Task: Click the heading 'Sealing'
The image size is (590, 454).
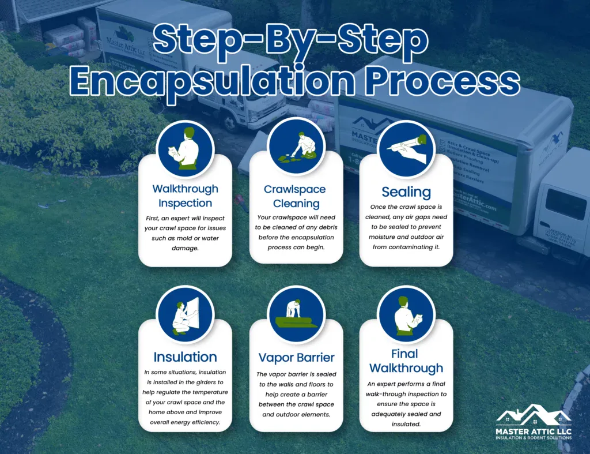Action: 406,192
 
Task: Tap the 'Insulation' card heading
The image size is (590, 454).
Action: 185,357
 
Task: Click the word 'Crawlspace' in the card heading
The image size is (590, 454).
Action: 296,189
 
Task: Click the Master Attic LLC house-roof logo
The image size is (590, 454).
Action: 534,416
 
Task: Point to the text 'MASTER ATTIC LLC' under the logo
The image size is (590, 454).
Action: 534,431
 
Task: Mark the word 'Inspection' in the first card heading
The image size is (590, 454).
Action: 185,203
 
